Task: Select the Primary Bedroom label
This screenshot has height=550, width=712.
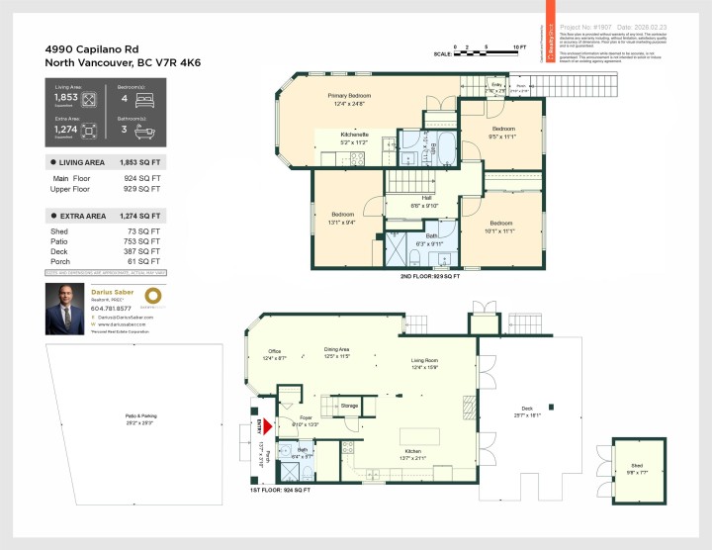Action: coord(348,99)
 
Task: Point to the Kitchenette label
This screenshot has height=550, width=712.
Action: coord(354,137)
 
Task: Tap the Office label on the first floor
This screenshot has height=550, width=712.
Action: coord(275,354)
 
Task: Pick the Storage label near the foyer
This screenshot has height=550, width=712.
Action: coord(349,406)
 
